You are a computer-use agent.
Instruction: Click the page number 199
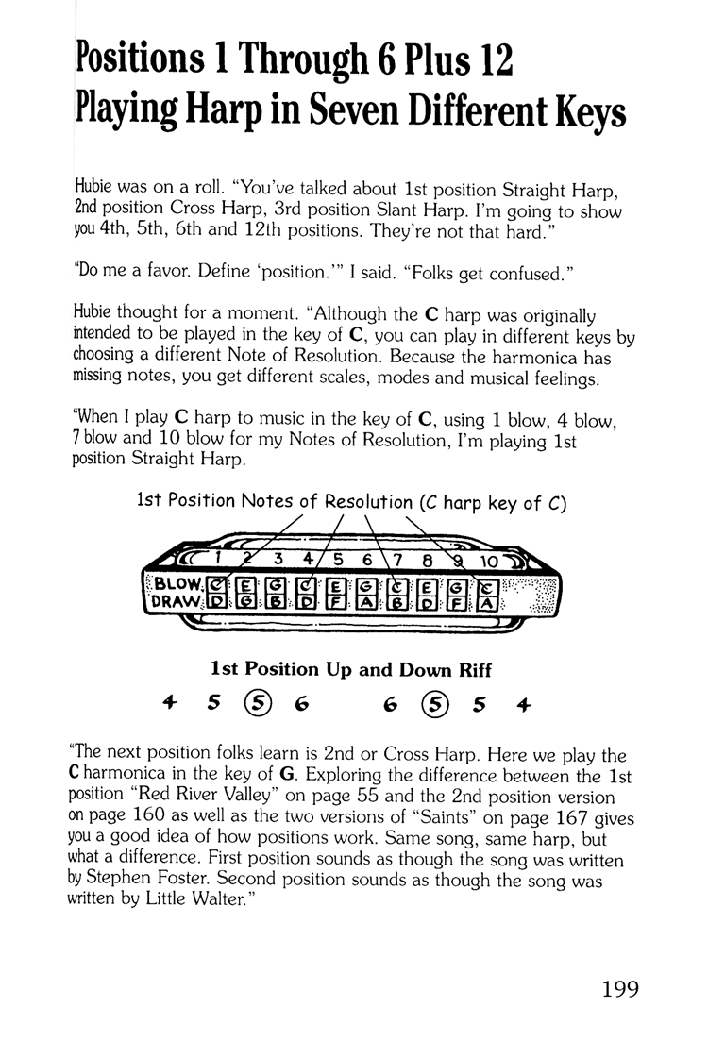pyautogui.click(x=619, y=989)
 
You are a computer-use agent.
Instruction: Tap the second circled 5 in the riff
pyautogui.click(x=433, y=703)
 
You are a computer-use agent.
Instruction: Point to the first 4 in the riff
pyautogui.click(x=170, y=703)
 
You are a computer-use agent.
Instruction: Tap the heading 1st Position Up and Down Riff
pyautogui.click(x=352, y=669)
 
